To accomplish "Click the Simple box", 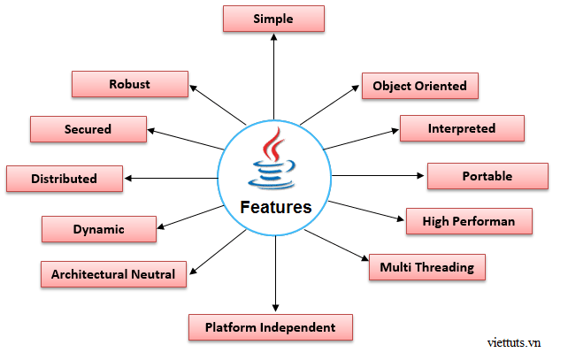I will pyautogui.click(x=272, y=19).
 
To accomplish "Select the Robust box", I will pyautogui.click(x=129, y=85).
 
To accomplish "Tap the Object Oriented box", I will pyautogui.click(x=419, y=86).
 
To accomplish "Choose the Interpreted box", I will pyautogui.click(x=462, y=128).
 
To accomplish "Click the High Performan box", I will pyautogui.click(x=468, y=221).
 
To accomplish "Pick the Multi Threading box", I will pyautogui.click(x=426, y=267).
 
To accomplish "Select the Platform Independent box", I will pyautogui.click(x=270, y=327).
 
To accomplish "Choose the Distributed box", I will pyautogui.click(x=64, y=179).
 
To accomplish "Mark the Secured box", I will pyautogui.click(x=88, y=129).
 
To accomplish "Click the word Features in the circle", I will pyautogui.click(x=276, y=208).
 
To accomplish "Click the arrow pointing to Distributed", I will pyautogui.click(x=173, y=178).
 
